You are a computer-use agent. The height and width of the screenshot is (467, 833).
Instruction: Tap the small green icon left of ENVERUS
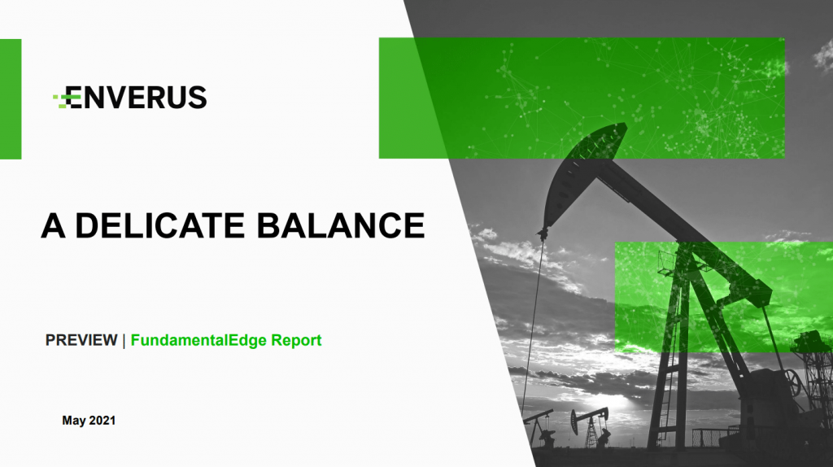(x=60, y=98)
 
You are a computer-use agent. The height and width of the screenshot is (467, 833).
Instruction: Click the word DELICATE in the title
(x=160, y=225)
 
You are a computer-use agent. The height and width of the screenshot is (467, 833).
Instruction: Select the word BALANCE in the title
(x=341, y=225)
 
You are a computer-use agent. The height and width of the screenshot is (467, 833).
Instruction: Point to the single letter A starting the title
(x=53, y=225)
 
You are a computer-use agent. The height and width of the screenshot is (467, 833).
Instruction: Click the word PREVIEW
(x=81, y=340)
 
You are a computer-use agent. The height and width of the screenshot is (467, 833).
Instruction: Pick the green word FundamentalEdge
(x=198, y=340)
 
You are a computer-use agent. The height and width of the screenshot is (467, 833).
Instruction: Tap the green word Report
(x=296, y=340)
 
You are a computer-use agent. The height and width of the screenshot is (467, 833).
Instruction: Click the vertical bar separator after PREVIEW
(x=124, y=341)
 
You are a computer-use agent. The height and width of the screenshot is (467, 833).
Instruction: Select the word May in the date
(x=73, y=421)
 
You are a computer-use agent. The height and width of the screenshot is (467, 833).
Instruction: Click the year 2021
(x=102, y=421)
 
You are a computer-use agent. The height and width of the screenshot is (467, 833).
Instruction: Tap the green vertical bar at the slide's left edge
(x=11, y=98)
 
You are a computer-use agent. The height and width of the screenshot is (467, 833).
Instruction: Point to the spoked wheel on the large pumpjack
(x=791, y=382)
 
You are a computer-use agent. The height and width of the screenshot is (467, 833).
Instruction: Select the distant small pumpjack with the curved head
(x=591, y=425)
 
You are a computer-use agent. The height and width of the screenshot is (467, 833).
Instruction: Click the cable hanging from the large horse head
(x=533, y=324)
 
